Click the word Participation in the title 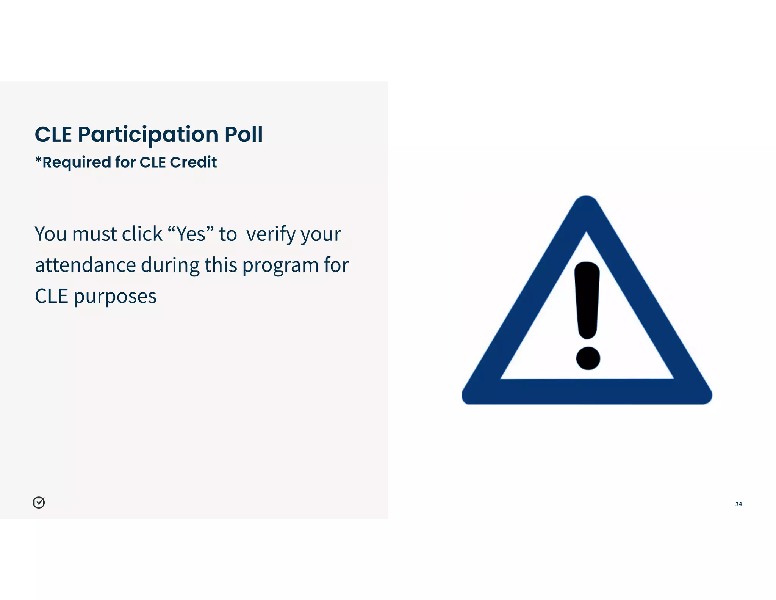148,135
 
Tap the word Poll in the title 243,134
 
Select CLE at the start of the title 53,134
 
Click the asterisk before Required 38,160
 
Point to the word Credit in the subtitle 193,162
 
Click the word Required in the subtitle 76,162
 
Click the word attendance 85,265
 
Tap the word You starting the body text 51,234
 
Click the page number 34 738,504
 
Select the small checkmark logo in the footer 39,503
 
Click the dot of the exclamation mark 588,358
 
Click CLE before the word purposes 52,296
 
